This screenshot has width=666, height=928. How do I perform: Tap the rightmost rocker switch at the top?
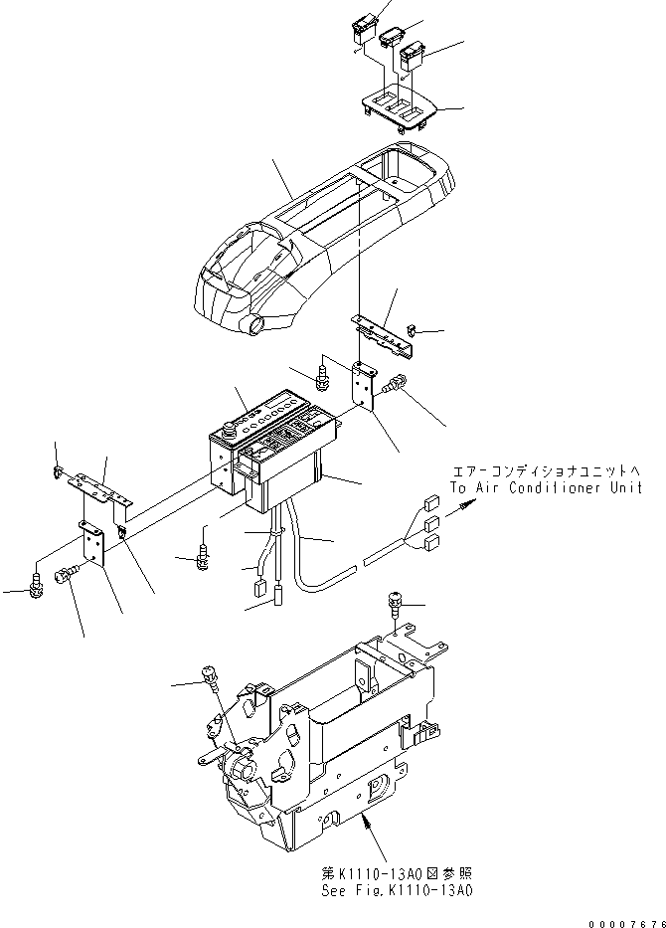click(x=416, y=52)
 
